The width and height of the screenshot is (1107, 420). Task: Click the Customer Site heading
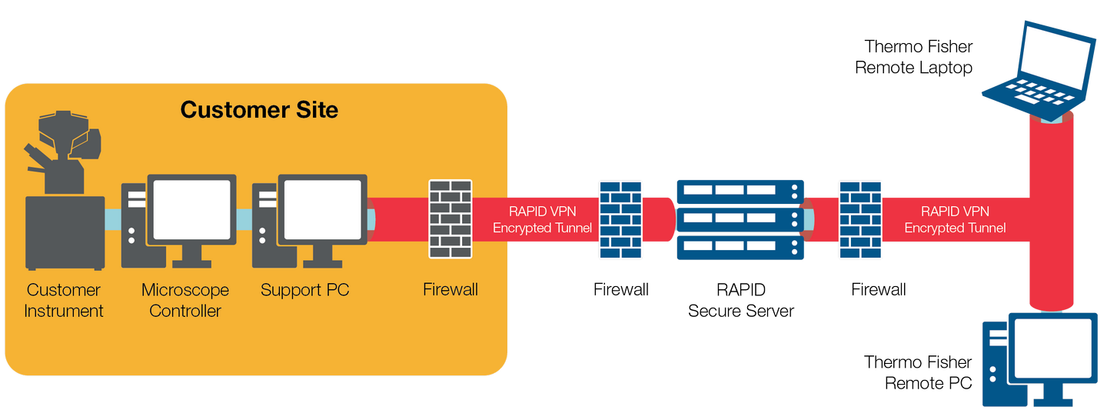pos(259,109)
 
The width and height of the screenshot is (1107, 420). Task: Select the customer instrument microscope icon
pos(65,192)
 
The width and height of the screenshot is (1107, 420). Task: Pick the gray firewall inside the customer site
pos(450,219)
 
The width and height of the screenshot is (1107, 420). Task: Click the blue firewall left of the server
pos(621,219)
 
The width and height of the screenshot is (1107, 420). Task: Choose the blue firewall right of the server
pos(860,219)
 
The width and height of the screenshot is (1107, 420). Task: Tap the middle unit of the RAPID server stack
pos(740,219)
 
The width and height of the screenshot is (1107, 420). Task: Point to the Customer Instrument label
pos(64,300)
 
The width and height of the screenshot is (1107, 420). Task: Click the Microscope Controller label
pos(185,300)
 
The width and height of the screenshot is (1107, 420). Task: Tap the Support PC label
pos(304,290)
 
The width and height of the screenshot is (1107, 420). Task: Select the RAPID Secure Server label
pos(741,300)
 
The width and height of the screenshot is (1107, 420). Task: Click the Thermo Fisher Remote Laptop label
pos(913,57)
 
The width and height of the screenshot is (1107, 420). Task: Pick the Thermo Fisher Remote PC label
pos(918,372)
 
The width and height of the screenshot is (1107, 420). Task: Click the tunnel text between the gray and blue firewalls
pos(543,219)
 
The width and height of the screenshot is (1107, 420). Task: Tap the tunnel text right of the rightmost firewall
pos(955,219)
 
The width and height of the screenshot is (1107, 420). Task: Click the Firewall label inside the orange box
pos(450,290)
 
